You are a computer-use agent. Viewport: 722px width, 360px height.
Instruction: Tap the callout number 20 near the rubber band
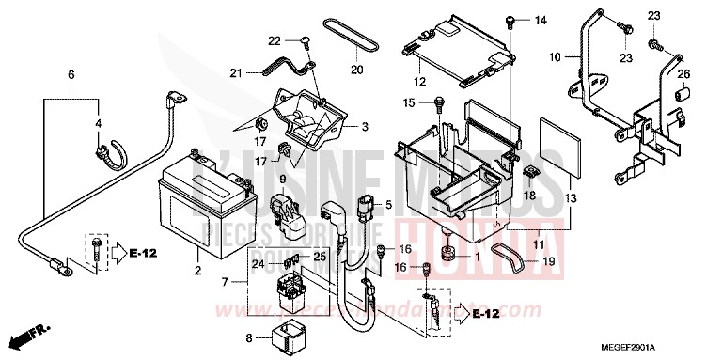click(x=357, y=69)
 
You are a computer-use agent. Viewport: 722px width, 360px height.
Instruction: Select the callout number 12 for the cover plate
click(x=422, y=82)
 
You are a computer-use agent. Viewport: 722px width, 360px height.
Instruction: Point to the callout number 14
click(x=541, y=20)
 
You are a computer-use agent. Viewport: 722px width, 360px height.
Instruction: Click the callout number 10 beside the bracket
click(x=555, y=57)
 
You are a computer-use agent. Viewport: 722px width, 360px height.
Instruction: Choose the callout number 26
click(x=683, y=74)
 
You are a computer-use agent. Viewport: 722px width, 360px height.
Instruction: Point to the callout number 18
click(x=529, y=195)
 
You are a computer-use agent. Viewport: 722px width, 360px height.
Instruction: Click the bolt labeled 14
click(x=509, y=20)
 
